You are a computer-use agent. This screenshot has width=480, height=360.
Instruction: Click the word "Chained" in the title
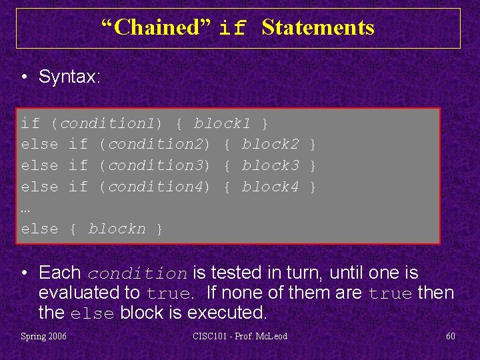click(155, 27)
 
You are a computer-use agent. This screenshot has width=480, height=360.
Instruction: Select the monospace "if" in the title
click(233, 29)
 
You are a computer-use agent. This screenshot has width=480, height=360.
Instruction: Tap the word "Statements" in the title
click(318, 27)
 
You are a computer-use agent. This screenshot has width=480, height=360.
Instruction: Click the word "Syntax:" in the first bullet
click(69, 77)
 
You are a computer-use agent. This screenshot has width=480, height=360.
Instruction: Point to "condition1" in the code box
click(107, 123)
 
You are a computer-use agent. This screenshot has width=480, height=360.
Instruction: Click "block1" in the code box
click(223, 123)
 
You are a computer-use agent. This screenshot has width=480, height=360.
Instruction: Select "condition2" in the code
click(155, 145)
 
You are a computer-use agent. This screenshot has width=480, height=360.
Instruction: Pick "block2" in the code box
click(271, 145)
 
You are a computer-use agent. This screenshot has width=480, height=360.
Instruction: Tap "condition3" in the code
click(155, 165)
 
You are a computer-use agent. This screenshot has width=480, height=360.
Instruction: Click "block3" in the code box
click(271, 165)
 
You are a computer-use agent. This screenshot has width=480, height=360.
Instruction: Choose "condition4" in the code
click(155, 187)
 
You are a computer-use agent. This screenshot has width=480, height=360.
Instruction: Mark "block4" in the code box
click(271, 187)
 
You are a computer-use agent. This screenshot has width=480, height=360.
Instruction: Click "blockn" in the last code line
click(117, 229)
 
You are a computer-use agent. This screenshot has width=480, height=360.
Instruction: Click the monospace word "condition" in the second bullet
click(137, 274)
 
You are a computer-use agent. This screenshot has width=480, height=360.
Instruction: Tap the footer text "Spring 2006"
click(43, 336)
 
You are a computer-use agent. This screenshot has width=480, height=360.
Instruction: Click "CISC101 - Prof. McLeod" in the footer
click(240, 336)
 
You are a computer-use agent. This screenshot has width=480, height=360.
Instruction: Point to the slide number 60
click(451, 336)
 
